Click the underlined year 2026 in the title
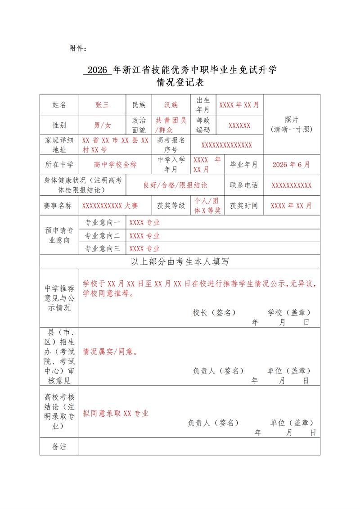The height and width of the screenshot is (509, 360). (x=97, y=70)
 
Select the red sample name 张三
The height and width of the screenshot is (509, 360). (x=102, y=105)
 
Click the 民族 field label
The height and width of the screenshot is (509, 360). (x=139, y=105)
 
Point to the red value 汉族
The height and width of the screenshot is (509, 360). (x=171, y=105)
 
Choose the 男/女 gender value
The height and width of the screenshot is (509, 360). (x=102, y=125)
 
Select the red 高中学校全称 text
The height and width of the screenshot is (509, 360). (x=115, y=165)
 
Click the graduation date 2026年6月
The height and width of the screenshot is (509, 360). (x=291, y=165)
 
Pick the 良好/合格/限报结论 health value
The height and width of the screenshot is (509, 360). (x=175, y=185)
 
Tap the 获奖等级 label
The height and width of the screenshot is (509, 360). (x=171, y=206)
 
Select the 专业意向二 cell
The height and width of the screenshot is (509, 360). (x=103, y=235)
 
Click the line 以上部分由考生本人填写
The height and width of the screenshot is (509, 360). (x=180, y=262)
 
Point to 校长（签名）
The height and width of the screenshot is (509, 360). (x=214, y=312)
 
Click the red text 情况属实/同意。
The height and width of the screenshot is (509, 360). (x=110, y=352)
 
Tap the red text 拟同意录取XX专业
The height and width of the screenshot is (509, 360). (x=116, y=414)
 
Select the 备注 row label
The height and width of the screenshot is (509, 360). (x=59, y=447)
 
